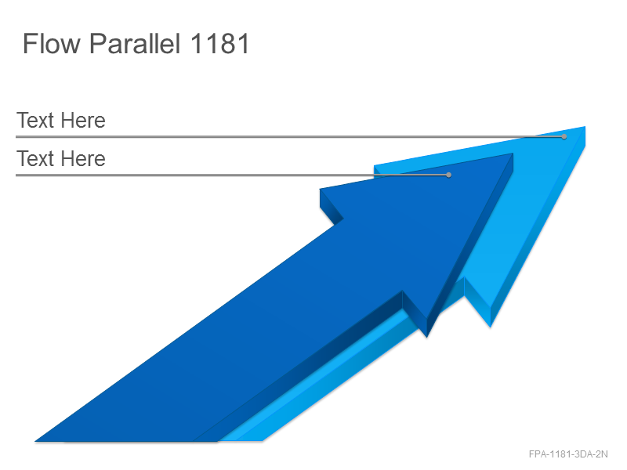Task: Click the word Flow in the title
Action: point(52,43)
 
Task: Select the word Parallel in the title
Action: point(135,43)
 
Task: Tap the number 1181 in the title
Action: point(219,43)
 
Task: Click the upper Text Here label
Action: point(61,121)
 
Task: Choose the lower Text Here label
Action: point(61,159)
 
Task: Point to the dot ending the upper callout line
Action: point(564,136)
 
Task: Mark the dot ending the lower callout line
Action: point(448,175)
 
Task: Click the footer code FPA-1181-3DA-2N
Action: point(568,454)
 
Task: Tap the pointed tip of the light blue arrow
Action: point(585,127)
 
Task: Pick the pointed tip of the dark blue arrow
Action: point(513,154)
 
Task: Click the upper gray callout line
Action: point(290,136)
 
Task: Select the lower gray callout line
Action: point(232,175)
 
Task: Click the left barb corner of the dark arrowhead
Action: point(321,190)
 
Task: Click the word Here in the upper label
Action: point(83,121)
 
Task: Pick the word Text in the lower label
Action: point(35,159)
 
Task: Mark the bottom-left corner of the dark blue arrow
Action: point(36,441)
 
